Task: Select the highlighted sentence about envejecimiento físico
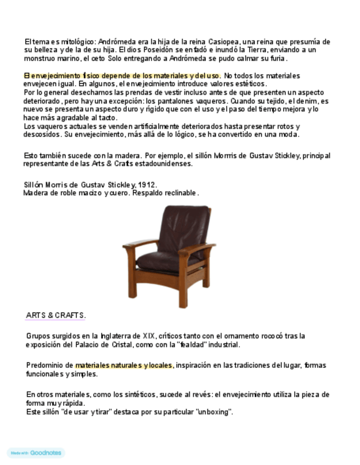(122, 76)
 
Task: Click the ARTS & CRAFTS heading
(55, 315)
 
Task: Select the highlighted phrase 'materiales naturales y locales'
(124, 365)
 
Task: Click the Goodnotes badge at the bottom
(36, 453)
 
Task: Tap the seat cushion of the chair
(161, 262)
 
